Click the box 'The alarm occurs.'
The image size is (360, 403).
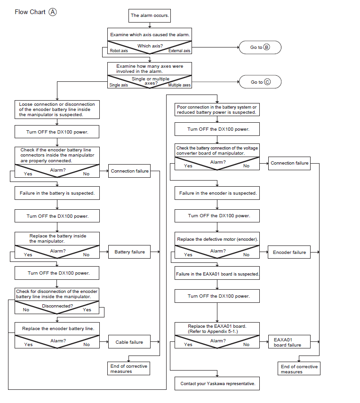click(x=149, y=16)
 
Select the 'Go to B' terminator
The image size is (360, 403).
click(x=260, y=47)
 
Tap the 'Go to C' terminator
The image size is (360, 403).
click(x=260, y=82)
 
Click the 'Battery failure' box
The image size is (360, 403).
click(x=129, y=252)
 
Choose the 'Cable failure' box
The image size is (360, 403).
click(x=129, y=342)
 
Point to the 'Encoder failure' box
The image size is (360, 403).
click(x=289, y=252)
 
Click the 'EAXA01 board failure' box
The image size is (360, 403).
click(x=289, y=342)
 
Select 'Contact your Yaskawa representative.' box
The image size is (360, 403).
click(x=217, y=383)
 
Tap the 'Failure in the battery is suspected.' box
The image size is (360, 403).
click(x=57, y=193)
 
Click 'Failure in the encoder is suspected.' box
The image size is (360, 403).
click(x=217, y=193)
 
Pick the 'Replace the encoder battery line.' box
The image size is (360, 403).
click(x=57, y=329)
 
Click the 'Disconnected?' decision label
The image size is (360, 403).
click(x=57, y=306)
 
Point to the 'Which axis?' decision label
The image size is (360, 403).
click(x=150, y=46)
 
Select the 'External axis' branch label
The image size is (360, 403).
click(x=179, y=51)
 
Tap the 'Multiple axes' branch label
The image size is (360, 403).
click(x=179, y=85)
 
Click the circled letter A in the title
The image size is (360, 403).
click(x=52, y=12)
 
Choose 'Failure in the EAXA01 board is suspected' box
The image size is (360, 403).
click(x=217, y=274)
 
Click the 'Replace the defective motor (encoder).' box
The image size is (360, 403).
click(x=217, y=239)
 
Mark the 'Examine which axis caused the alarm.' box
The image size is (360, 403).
click(x=150, y=34)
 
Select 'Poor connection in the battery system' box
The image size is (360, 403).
click(x=217, y=110)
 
